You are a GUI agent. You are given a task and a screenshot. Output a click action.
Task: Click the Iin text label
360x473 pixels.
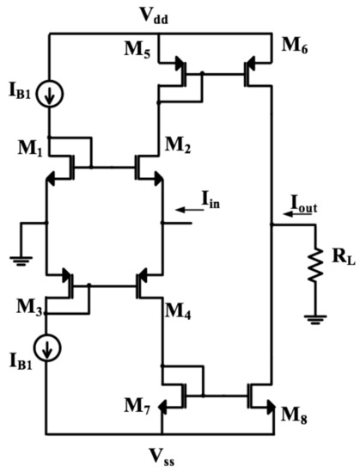pos(211,199)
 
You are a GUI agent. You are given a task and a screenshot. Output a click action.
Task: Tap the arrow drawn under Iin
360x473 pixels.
pos(188,208)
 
